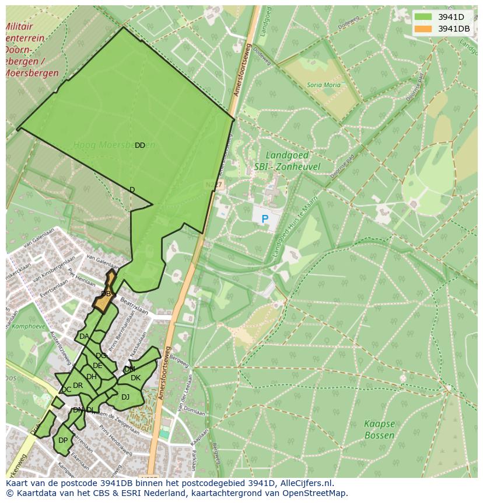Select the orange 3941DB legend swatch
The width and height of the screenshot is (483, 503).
click(x=423, y=29)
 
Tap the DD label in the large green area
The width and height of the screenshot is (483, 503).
click(x=140, y=145)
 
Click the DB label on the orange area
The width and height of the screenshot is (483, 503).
click(x=106, y=294)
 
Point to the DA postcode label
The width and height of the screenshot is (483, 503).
click(x=84, y=337)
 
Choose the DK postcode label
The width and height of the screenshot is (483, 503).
click(x=135, y=378)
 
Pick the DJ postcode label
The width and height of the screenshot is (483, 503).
click(x=125, y=397)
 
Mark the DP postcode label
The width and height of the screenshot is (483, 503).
click(x=63, y=440)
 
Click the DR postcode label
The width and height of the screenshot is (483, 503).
click(x=78, y=386)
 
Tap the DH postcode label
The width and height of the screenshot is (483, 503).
click(x=91, y=377)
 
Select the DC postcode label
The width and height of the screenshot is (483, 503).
click(x=66, y=390)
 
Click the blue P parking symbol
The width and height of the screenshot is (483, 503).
click(x=265, y=220)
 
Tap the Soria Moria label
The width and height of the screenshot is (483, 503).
click(x=323, y=85)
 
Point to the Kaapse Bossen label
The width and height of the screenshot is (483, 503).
click(x=379, y=429)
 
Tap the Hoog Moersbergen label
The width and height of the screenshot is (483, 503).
click(x=114, y=145)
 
